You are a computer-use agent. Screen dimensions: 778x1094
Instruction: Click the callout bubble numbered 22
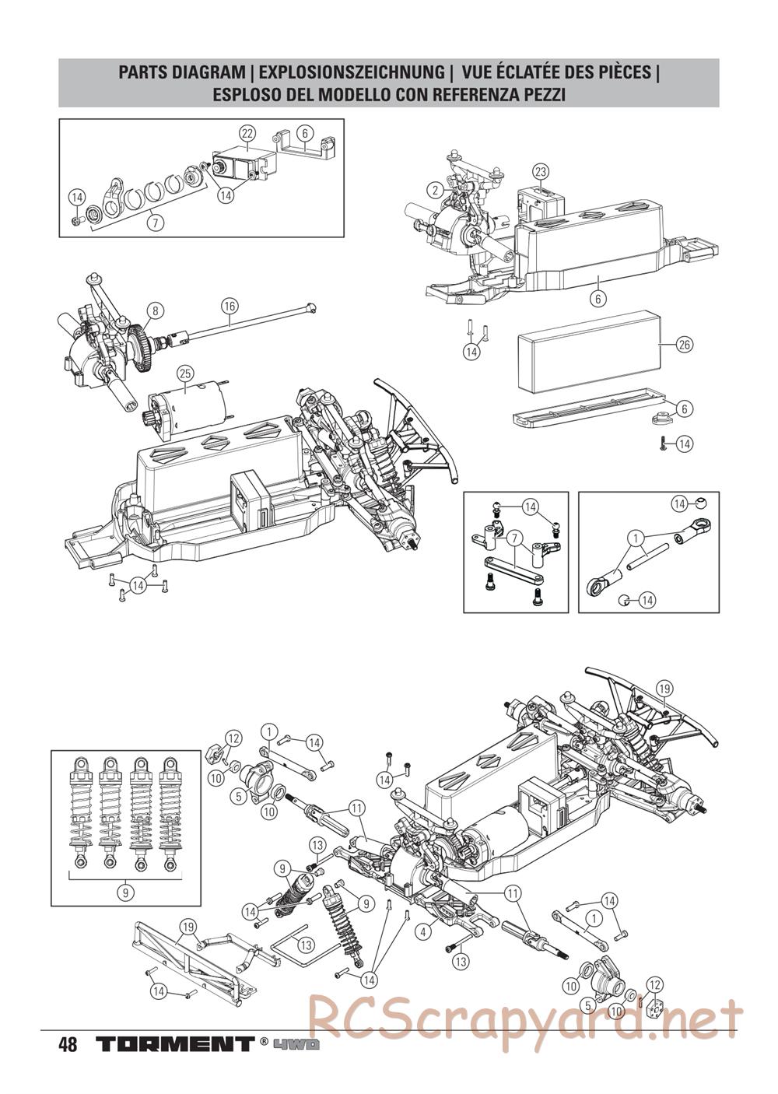(247, 133)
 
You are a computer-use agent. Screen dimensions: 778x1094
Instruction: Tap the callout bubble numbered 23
(540, 171)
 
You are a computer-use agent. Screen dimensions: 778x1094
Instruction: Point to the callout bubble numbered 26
(685, 345)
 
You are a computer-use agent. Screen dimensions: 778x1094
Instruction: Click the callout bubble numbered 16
(230, 307)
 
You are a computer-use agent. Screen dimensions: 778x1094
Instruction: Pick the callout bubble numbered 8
(156, 310)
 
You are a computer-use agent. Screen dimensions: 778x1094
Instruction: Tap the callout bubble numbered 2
(435, 191)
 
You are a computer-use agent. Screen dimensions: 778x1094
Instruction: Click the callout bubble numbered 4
(423, 931)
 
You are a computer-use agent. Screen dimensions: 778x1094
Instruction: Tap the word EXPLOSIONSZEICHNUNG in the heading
(351, 73)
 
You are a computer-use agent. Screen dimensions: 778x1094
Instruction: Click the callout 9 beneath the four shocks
(125, 878)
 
